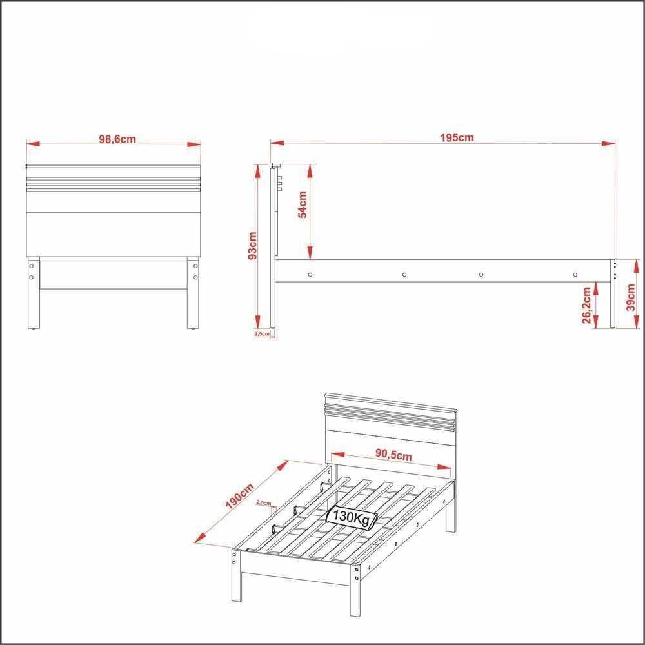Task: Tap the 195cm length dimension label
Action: (x=457, y=137)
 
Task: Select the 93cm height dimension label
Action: (x=253, y=245)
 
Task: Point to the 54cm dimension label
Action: (x=302, y=205)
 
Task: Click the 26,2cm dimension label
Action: (x=586, y=305)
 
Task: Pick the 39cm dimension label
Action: (x=631, y=297)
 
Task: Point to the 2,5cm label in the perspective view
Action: (x=263, y=502)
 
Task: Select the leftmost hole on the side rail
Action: (x=310, y=275)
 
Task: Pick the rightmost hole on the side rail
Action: (x=575, y=275)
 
